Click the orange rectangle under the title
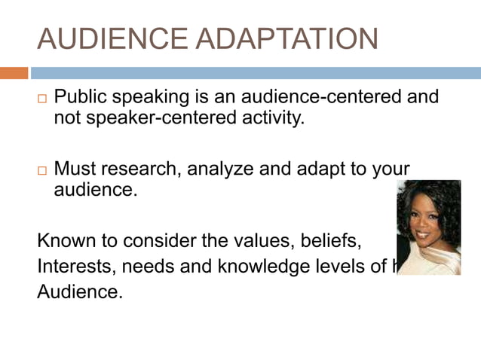[14, 73]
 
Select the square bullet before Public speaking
[42, 99]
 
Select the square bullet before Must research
[42, 171]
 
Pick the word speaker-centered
[157, 118]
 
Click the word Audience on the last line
[79, 291]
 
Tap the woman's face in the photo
[427, 220]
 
